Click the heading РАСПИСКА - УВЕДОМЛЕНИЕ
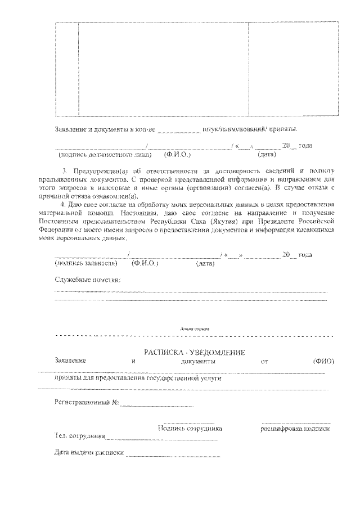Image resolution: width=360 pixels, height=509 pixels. pyautogui.click(x=193, y=352)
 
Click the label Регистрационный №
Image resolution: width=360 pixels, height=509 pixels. pyautogui.click(x=86, y=403)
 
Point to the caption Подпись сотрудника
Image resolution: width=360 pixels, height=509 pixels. pyautogui.click(x=190, y=429)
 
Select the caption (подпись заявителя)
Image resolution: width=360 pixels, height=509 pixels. pyautogui.click(x=85, y=263)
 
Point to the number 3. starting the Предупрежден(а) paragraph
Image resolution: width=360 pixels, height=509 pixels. pyautogui.click(x=65, y=170)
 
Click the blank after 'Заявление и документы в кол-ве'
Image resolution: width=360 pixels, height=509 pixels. pyautogui.click(x=179, y=130)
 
